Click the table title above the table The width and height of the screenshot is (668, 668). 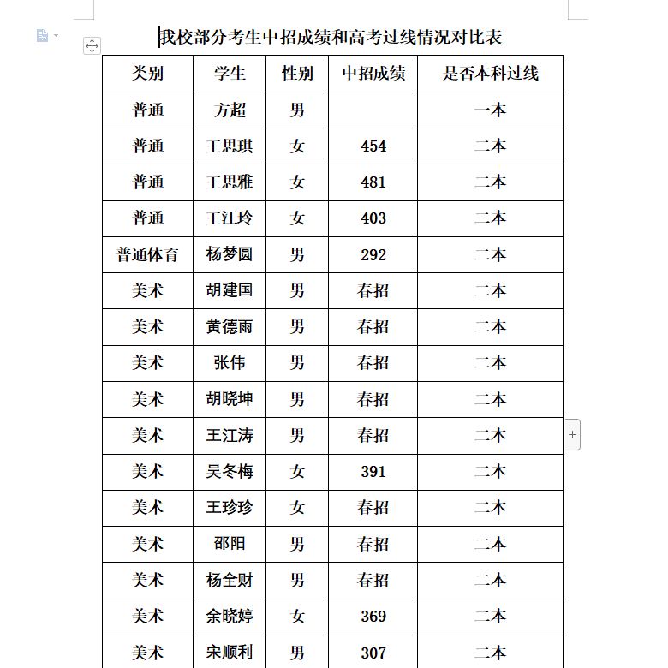pyautogui.click(x=331, y=38)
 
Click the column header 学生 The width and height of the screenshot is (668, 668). pyautogui.click(x=230, y=74)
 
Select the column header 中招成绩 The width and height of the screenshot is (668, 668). pyautogui.click(x=373, y=74)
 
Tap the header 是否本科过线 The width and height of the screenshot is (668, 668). pyautogui.click(x=490, y=74)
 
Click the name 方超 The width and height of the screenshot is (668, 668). pyautogui.click(x=230, y=110)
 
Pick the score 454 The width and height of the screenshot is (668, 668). pyautogui.click(x=373, y=146)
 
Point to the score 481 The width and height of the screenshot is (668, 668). pyautogui.click(x=373, y=182)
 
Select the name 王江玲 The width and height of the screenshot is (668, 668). pyautogui.click(x=230, y=218)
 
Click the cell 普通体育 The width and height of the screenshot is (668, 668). pyautogui.click(x=148, y=254)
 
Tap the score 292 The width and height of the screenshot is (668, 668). pyautogui.click(x=373, y=254)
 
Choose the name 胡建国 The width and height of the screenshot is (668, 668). pyautogui.click(x=230, y=290)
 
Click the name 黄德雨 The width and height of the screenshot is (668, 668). pyautogui.click(x=230, y=326)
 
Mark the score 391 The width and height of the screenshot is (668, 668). pyautogui.click(x=373, y=471)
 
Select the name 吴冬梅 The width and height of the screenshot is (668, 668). pyautogui.click(x=230, y=471)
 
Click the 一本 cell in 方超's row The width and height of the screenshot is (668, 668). pyautogui.click(x=490, y=110)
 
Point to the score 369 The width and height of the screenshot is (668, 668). pyautogui.click(x=373, y=616)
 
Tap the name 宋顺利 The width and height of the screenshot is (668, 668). pyautogui.click(x=230, y=653)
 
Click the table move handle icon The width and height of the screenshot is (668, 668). pyautogui.click(x=92, y=45)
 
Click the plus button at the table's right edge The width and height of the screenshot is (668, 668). pyautogui.click(x=573, y=435)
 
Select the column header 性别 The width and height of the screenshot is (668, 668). pyautogui.click(x=297, y=74)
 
